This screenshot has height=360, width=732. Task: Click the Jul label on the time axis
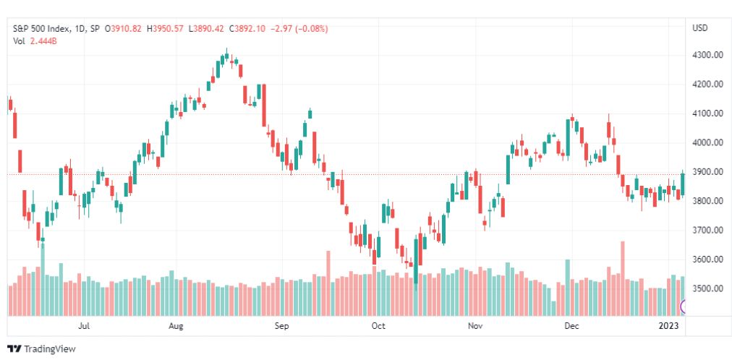pos(84,326)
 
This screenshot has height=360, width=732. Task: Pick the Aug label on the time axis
pos(176,326)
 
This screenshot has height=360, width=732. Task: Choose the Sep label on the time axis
pos(282,326)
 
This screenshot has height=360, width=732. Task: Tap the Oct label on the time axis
pos(378,326)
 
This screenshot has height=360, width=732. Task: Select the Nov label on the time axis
pos(475,326)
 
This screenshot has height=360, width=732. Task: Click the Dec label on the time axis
pos(571,326)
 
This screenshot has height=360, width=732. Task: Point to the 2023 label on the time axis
pos(668,326)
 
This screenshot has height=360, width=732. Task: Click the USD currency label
pos(699,28)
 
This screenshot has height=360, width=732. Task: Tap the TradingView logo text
pos(49,349)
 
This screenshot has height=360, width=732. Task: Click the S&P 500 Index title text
pos(41,29)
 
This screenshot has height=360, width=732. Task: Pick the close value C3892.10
pos(247,29)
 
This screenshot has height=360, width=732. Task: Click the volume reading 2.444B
pos(43,41)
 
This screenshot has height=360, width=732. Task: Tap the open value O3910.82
pos(124,29)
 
